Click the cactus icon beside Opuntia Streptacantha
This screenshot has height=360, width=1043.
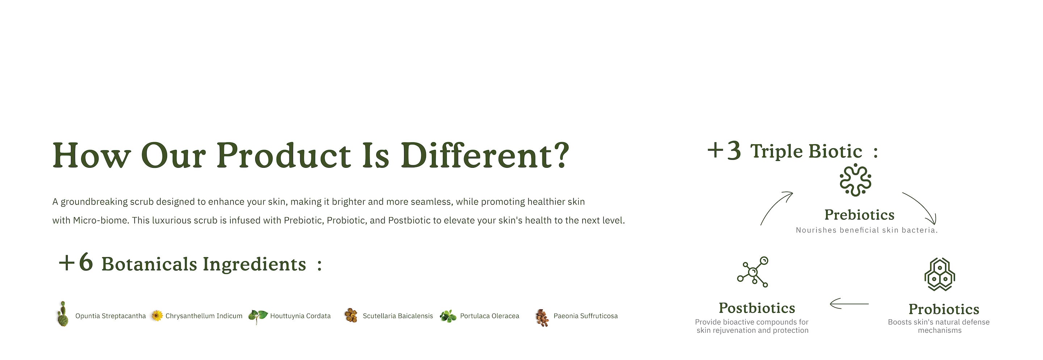[x=62, y=314]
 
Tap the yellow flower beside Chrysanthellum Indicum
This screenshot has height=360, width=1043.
[x=157, y=315]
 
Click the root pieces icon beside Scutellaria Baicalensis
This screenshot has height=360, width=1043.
[x=351, y=315]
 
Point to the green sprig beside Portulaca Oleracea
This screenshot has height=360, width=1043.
[x=448, y=316]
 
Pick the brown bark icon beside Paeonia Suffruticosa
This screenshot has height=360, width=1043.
[x=542, y=318]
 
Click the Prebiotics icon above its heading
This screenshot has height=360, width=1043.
[x=855, y=180]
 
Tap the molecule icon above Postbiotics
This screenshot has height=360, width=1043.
[x=753, y=272]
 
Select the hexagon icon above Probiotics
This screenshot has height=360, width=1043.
[x=939, y=275]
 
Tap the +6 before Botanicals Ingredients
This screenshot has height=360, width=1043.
[x=76, y=263]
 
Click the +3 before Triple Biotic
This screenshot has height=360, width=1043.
[x=724, y=151]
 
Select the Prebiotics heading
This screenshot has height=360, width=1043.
[x=859, y=215]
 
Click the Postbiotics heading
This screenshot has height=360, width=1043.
[x=757, y=308]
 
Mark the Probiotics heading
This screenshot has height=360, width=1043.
[x=944, y=309]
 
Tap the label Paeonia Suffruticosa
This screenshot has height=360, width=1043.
[x=586, y=316]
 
